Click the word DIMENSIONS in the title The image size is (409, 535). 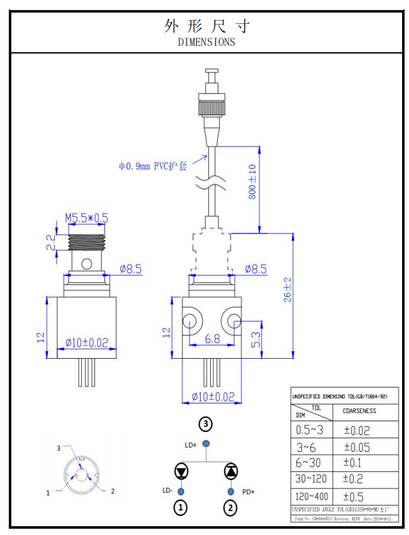(206, 42)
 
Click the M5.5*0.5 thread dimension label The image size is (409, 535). (87, 218)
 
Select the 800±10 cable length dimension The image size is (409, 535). (252, 183)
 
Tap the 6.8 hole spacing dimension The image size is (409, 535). (213, 339)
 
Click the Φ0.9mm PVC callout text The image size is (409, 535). (153, 167)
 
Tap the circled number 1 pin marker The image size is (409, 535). (181, 507)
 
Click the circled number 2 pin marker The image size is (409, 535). (231, 507)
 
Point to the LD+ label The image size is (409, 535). (191, 445)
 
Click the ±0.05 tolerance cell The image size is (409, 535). (357, 448)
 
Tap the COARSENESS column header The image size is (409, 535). (359, 411)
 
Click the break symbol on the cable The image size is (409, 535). (213, 185)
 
